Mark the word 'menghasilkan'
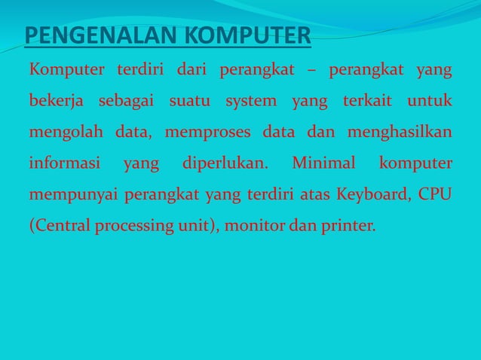click(400, 133)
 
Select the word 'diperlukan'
click(225, 163)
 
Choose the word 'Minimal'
click(323, 163)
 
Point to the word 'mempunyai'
click(72, 195)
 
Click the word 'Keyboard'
click(370, 195)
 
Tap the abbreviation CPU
click(436, 195)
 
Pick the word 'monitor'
click(257, 226)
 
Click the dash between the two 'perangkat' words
click(312, 72)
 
